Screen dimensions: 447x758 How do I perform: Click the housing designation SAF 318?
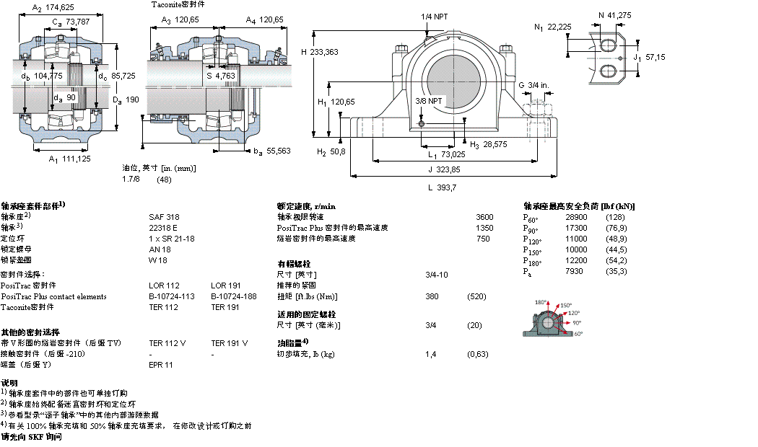coord(164,216)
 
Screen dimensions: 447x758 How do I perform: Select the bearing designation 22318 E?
coord(163,227)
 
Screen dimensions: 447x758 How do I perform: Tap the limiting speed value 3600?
coord(484,216)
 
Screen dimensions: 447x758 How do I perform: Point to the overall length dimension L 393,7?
coord(443,187)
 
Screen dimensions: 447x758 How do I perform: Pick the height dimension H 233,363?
coord(319,52)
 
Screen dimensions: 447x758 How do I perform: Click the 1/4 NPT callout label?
coord(433,16)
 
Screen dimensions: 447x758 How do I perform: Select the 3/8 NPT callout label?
coord(429,100)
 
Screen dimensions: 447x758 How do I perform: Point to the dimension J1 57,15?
coord(648,56)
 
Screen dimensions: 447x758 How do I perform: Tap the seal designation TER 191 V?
coord(229,343)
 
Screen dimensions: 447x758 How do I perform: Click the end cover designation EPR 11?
coord(160,365)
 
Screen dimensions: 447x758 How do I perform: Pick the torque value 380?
coord(432,296)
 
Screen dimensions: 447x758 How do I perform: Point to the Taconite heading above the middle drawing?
coord(178,4)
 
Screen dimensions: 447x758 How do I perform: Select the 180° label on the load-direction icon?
coord(541,302)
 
